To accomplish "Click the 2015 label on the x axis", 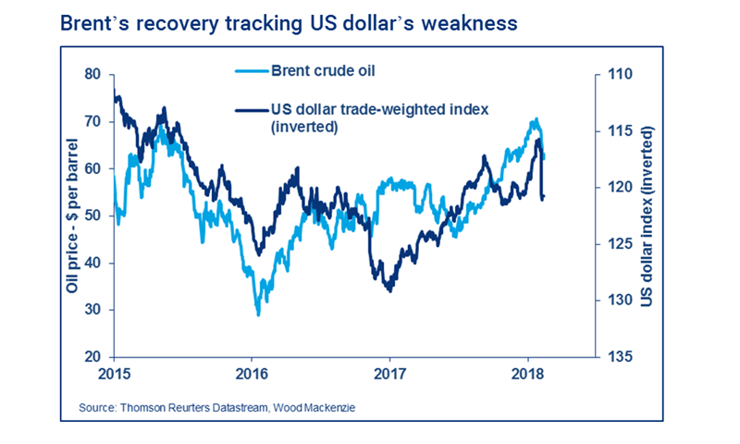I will click(x=114, y=376).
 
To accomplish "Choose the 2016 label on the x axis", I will click(x=252, y=376).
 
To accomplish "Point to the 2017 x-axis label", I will click(x=389, y=376).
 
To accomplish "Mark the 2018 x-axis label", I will click(x=527, y=376).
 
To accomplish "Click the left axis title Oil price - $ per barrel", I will click(x=71, y=216).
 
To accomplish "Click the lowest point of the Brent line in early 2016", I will click(x=258, y=314).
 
